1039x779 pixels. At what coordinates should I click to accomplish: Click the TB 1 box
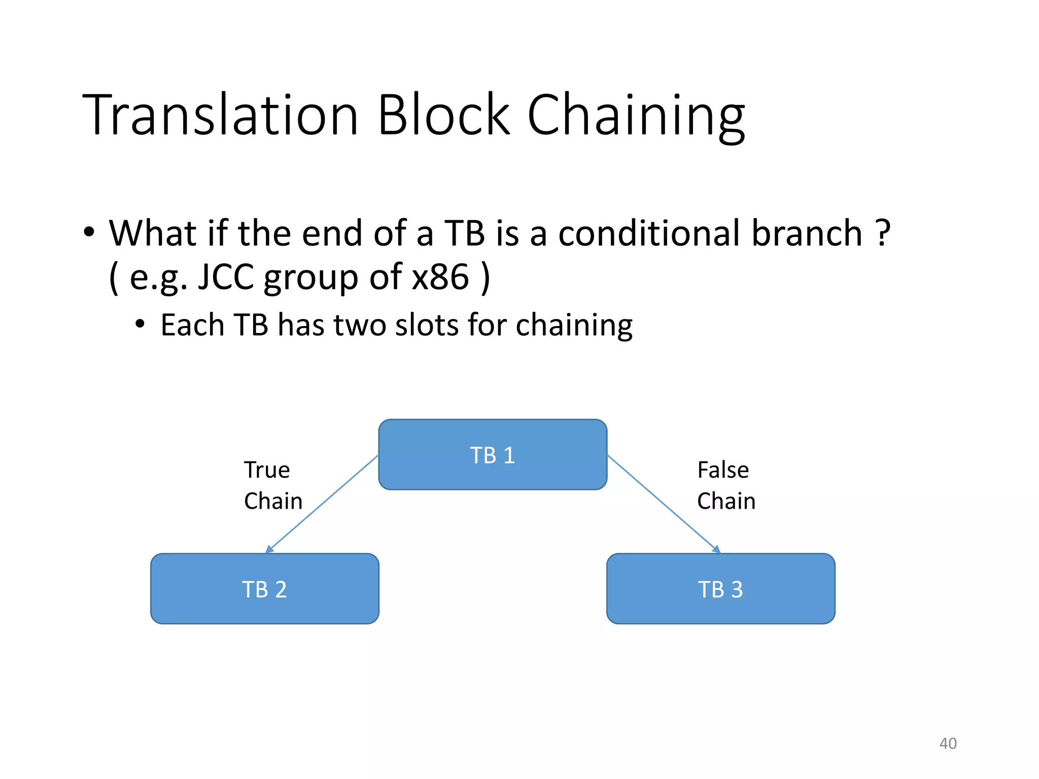[x=493, y=454]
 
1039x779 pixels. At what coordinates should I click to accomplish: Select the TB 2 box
[x=264, y=589]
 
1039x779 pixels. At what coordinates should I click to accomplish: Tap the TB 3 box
[x=720, y=589]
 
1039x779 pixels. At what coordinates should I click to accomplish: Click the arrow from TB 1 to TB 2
[x=322, y=504]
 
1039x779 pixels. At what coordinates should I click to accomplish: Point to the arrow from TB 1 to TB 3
[x=664, y=504]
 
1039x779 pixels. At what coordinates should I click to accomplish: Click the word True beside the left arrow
[x=267, y=470]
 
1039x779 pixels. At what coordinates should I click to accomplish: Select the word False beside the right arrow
[x=723, y=470]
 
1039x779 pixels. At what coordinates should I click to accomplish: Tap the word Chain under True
[x=273, y=501]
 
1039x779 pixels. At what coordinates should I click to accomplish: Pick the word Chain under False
[x=726, y=501]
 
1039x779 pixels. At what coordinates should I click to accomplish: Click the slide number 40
[x=948, y=743]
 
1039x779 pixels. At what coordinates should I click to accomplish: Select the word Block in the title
[x=443, y=115]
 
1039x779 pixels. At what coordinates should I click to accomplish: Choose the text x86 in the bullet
[x=440, y=277]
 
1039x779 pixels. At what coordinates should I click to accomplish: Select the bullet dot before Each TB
[x=140, y=324]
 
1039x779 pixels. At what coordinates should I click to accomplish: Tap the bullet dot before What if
[x=89, y=232]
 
